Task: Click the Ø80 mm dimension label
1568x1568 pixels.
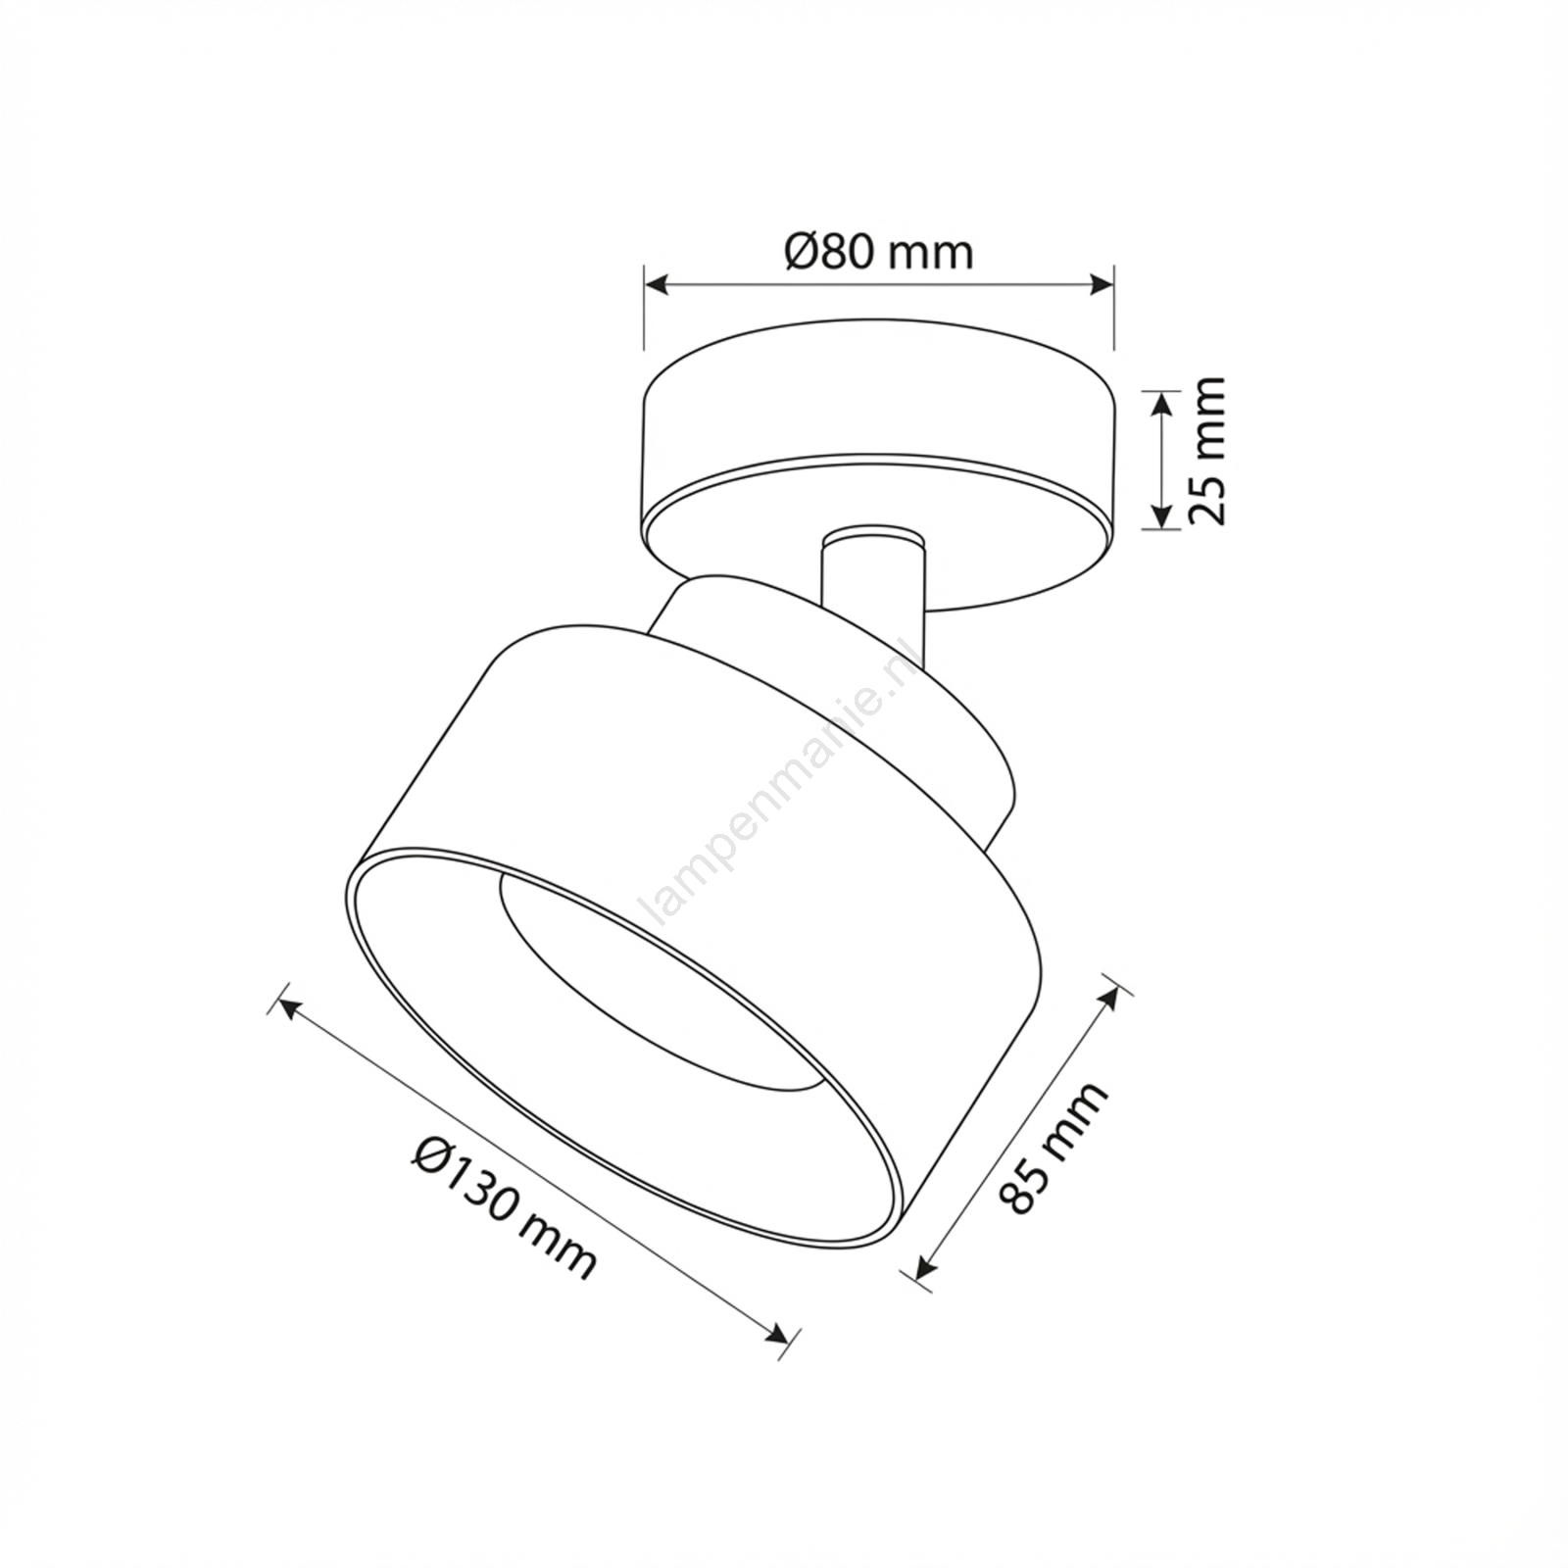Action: [x=879, y=252]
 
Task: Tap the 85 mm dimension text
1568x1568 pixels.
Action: [x=1053, y=1148]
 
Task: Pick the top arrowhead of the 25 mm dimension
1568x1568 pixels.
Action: [x=1161, y=401]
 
